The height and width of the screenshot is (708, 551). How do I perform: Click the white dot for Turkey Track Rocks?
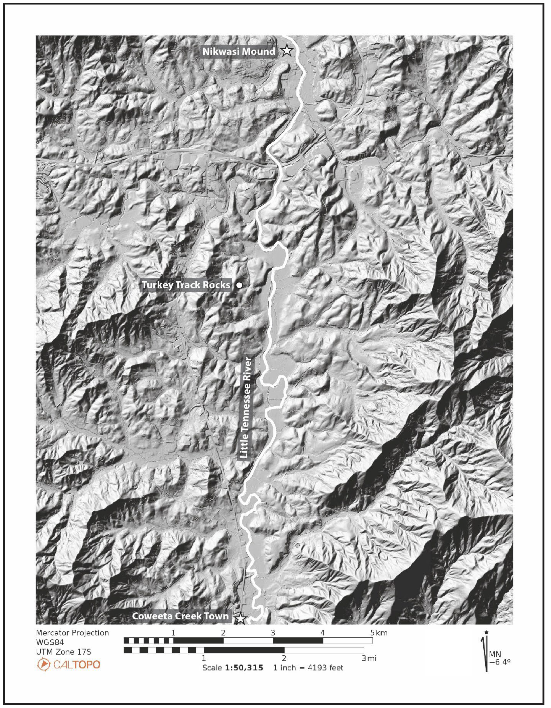[x=239, y=285]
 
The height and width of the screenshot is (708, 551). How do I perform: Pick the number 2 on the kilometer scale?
[x=223, y=632]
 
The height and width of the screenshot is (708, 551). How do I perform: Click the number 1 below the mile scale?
[x=204, y=658]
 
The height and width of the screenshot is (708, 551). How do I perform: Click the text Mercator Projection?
[x=72, y=633]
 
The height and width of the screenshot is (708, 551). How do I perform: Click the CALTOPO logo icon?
[x=43, y=664]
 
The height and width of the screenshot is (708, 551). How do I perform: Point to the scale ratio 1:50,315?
[x=244, y=668]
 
